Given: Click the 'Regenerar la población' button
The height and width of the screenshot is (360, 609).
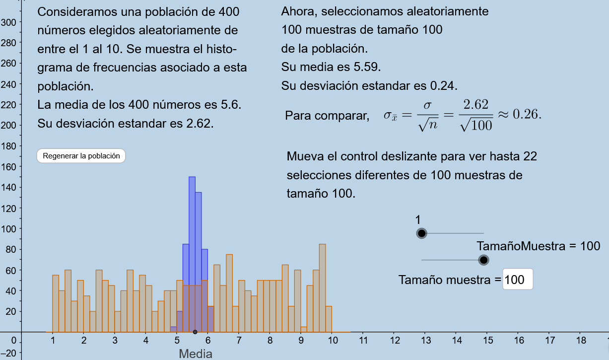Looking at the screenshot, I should tap(81, 156).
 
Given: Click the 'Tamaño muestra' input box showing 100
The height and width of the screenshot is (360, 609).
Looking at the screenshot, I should tap(518, 280).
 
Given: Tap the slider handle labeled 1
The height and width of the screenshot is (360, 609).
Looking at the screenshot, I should tap(422, 233).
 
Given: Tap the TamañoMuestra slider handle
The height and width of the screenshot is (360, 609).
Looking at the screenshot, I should tap(483, 260).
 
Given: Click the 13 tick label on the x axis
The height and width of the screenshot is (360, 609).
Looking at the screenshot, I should tap(426, 341).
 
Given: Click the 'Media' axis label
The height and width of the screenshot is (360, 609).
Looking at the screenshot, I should tap(196, 354).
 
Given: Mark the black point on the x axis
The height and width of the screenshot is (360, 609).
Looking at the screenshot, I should tap(195, 332).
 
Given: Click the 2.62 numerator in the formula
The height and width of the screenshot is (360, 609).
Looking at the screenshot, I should tap(475, 105).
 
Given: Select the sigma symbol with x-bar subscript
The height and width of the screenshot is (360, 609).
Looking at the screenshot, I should tap(390, 116).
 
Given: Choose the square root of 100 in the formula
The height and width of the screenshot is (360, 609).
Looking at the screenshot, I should tap(476, 126).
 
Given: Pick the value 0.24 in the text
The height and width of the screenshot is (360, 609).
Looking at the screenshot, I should tap(443, 85).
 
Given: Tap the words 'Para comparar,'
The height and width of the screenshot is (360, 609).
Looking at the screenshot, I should tap(327, 116).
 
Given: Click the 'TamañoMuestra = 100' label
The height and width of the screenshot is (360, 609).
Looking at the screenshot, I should tap(539, 246).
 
